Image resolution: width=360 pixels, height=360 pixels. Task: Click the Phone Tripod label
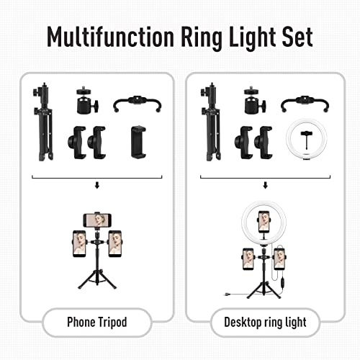97,322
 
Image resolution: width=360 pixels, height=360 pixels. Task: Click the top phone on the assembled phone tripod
97,217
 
